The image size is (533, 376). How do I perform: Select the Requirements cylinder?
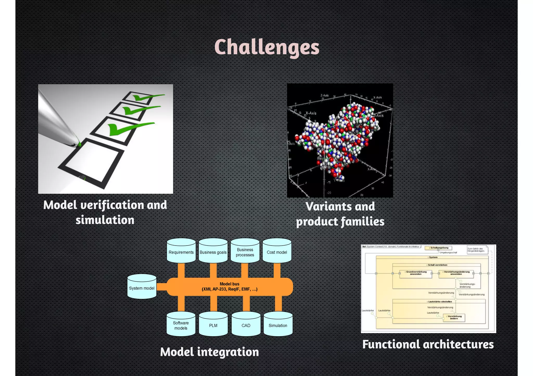[x=181, y=252]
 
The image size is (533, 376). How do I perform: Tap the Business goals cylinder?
[x=213, y=252]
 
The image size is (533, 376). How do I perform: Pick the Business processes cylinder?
[x=245, y=252]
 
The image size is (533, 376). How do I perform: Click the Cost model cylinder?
[x=277, y=252]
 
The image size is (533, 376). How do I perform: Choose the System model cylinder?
[x=142, y=287]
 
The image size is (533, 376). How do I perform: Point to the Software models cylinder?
[x=181, y=325]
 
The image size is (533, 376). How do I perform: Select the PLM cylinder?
[x=213, y=325]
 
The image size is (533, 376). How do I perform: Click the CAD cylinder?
[x=246, y=325]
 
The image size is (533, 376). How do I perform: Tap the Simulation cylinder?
[x=278, y=325]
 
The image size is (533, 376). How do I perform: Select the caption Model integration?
[x=210, y=352]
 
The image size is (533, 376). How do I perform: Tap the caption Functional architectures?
[x=428, y=344]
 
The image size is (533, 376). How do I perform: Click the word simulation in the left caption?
[x=105, y=220]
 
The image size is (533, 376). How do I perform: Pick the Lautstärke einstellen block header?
[x=439, y=302]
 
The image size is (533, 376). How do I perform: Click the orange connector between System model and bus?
[x=162, y=287]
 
